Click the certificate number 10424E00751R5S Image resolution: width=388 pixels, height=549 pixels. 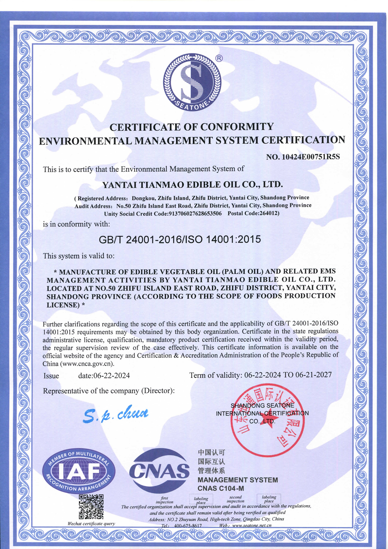pos(311,157)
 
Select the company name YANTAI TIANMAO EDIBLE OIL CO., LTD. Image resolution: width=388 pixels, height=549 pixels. pos(193,185)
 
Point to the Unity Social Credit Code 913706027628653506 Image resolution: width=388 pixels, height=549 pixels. pos(195,214)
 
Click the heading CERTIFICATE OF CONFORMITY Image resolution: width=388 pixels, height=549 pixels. pos(191,127)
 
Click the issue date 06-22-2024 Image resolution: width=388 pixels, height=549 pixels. pos(111,375)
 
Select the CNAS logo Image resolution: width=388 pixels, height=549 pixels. pos(159,471)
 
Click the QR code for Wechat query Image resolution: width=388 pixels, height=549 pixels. pos(91,507)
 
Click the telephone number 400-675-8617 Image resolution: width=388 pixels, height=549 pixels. pos(188,526)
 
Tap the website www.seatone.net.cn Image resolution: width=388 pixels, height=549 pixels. pos(251,525)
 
